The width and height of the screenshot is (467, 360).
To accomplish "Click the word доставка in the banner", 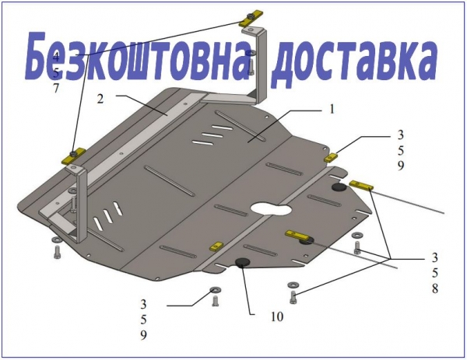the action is (355, 61).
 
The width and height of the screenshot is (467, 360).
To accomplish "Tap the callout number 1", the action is (332, 109).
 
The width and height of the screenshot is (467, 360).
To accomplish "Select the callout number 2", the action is (100, 99).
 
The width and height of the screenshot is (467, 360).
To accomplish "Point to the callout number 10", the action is (276, 316).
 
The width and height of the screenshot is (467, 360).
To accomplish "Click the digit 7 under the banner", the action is (56, 89).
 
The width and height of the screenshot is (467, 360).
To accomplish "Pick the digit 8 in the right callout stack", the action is (435, 288).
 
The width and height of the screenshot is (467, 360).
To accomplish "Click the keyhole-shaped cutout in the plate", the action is (271, 209).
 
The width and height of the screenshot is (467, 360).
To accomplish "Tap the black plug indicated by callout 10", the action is (242, 262).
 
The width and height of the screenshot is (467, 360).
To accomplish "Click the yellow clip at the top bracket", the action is (251, 19).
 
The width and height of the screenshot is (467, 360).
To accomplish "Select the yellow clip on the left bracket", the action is (73, 156).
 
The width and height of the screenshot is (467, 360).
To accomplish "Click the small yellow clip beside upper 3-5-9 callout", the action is (330, 157).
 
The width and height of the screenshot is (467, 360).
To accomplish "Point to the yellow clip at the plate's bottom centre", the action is (216, 246).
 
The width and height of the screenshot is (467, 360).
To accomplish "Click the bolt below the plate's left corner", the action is (57, 253).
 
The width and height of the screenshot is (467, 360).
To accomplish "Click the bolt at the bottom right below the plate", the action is (293, 298).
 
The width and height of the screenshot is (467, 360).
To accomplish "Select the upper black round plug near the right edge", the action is (339, 187).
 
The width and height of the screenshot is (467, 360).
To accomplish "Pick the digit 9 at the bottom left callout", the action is (143, 335).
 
